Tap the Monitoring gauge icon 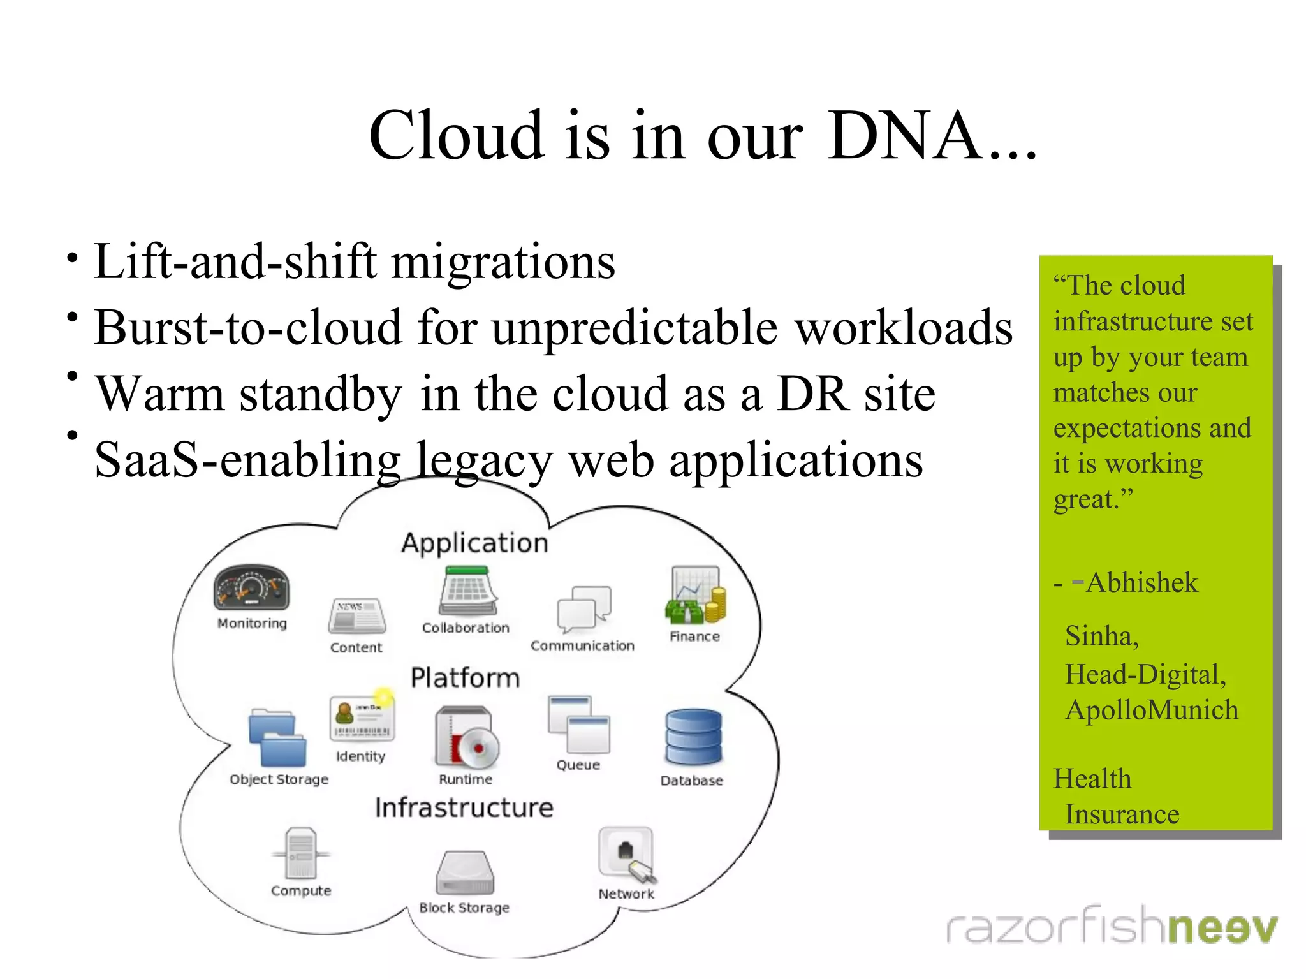click(x=251, y=587)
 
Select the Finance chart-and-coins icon click(x=696, y=595)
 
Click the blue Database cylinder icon click(x=693, y=737)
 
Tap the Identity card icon click(x=362, y=718)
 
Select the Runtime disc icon click(x=466, y=737)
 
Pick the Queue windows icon click(x=578, y=725)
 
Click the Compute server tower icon click(x=300, y=853)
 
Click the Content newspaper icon click(x=357, y=615)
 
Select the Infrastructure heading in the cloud click(x=464, y=807)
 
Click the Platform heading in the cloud click(x=465, y=677)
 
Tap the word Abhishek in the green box click(x=1141, y=582)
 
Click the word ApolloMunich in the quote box click(x=1152, y=710)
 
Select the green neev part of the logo click(x=1222, y=927)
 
